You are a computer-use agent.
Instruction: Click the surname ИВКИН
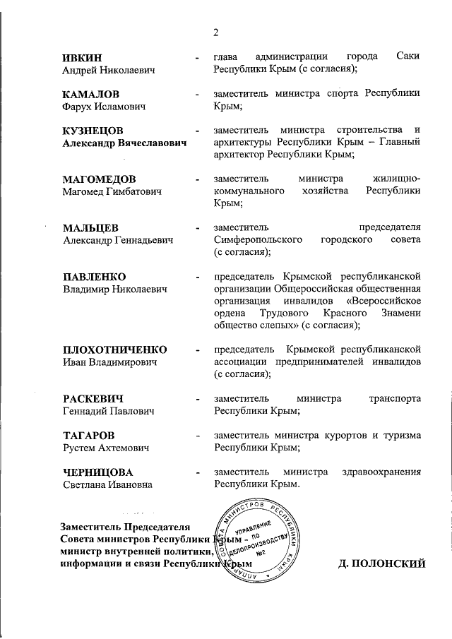82,56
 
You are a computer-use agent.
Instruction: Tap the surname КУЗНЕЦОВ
93,131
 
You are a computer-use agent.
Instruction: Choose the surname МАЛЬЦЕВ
90,228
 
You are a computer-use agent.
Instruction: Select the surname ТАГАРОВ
88,435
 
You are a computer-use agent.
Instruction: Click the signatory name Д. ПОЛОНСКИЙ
383,564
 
